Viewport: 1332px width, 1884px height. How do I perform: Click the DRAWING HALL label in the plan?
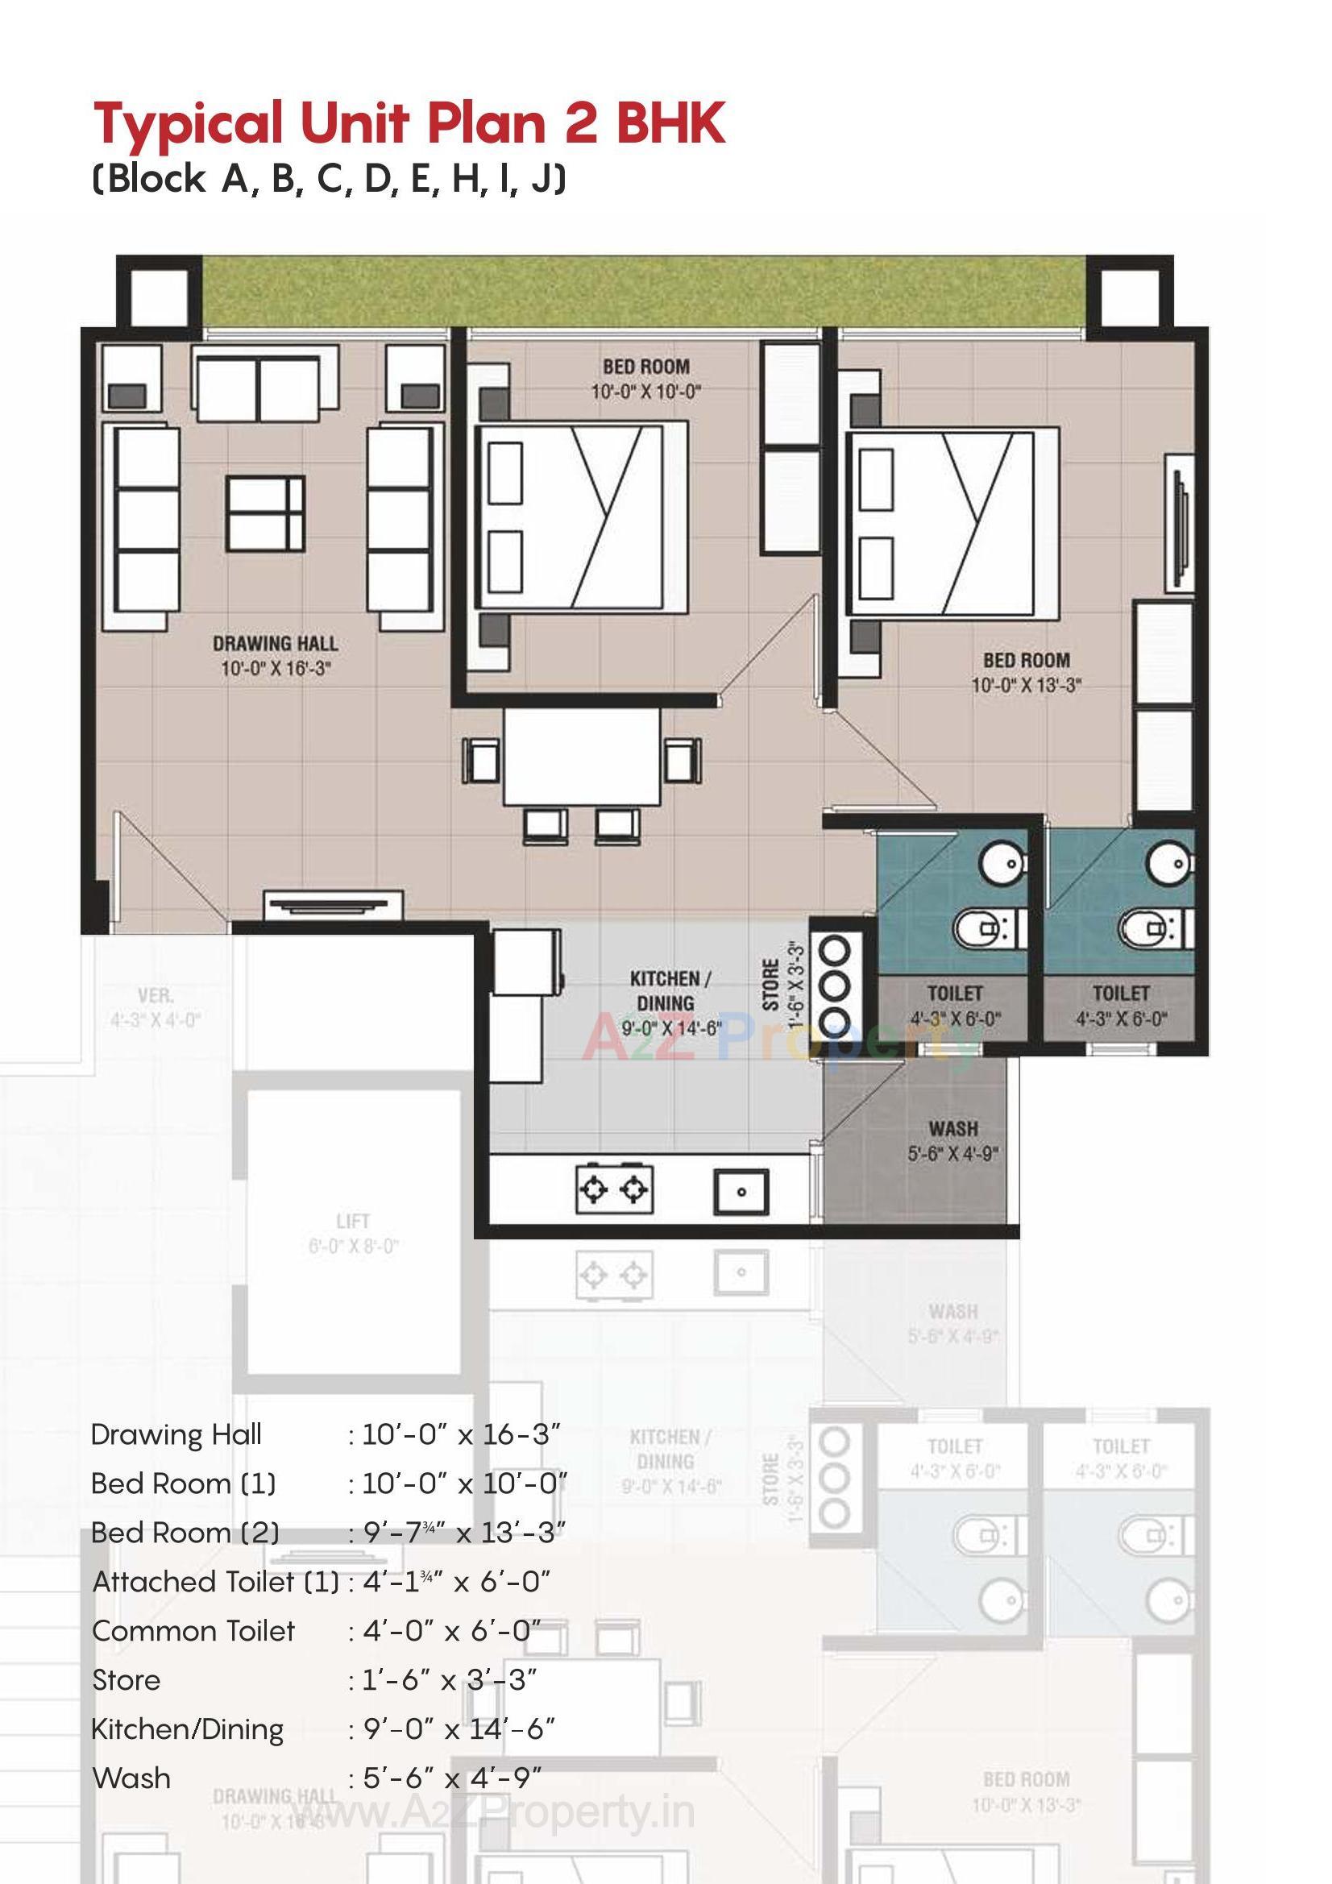pyautogui.click(x=275, y=644)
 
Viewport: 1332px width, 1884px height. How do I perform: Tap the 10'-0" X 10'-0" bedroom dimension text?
pyautogui.click(x=646, y=392)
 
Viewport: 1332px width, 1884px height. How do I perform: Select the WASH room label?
pyautogui.click(x=952, y=1129)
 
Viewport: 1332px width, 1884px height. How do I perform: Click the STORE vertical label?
pyautogui.click(x=770, y=985)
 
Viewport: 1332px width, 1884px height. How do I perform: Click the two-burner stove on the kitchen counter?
pyautogui.click(x=614, y=1188)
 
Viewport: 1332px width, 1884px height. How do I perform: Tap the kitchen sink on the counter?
pyautogui.click(x=741, y=1192)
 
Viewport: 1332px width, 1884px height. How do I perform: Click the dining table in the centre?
pyautogui.click(x=582, y=757)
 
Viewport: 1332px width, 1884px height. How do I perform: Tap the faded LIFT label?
pyautogui.click(x=353, y=1222)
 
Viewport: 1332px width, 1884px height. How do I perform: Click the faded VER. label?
pyautogui.click(x=155, y=996)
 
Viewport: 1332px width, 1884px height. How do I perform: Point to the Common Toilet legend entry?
pyautogui.click(x=193, y=1631)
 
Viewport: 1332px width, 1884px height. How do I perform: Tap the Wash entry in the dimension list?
pyautogui.click(x=131, y=1778)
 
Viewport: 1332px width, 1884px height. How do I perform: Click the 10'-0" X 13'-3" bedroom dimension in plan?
pyautogui.click(x=1026, y=685)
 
